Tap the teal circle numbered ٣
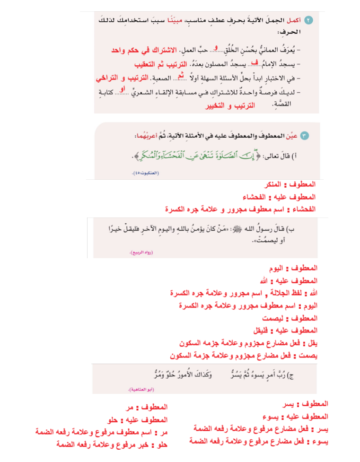[305, 136]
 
